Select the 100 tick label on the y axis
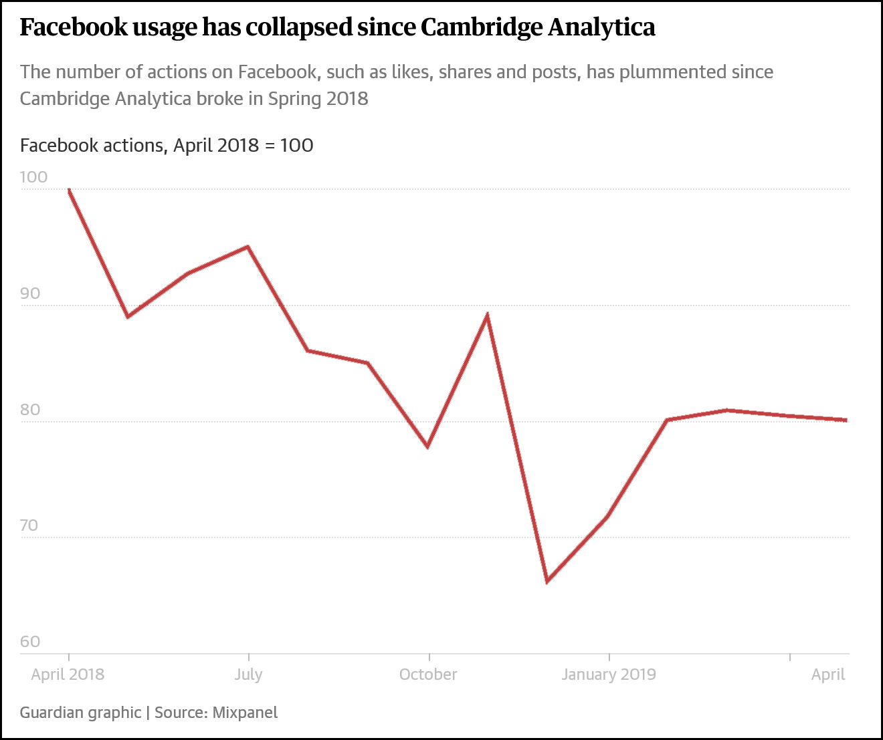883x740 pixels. click(33, 177)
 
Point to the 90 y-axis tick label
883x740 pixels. click(30, 293)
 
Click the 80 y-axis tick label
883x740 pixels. click(30, 410)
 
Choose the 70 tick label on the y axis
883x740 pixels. click(30, 525)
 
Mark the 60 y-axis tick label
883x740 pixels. click(30, 642)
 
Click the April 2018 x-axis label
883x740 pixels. click(68, 674)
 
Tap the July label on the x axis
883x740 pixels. click(248, 674)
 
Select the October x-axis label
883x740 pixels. click(428, 674)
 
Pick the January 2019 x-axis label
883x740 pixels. click(609, 674)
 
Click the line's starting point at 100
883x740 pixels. click(69, 190)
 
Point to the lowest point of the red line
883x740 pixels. click(547, 581)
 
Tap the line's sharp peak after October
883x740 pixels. click(488, 315)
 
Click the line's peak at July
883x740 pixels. click(248, 247)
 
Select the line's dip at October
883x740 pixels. click(427, 446)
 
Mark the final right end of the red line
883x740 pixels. click(846, 420)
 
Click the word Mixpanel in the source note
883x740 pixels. click(245, 713)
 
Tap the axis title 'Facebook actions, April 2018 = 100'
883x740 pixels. click(167, 145)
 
